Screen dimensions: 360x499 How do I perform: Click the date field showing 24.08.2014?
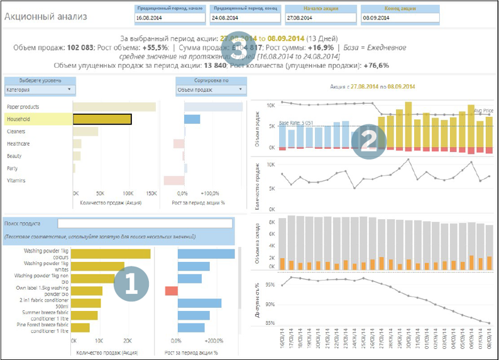244,18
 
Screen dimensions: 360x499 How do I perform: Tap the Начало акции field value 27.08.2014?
320,18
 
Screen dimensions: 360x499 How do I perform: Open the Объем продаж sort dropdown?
209,90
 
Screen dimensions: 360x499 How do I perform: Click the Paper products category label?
23,107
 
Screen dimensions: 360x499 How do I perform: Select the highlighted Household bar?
102,119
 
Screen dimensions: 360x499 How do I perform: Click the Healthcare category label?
18,144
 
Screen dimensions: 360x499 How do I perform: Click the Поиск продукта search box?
145,223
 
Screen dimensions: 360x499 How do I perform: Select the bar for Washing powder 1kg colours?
111,254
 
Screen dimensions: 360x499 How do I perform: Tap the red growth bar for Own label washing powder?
171,290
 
